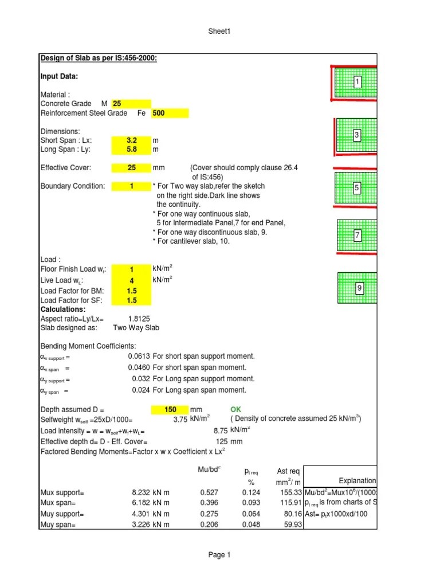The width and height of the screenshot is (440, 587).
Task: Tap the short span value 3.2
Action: coord(131,140)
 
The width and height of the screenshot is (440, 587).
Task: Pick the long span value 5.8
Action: coord(131,150)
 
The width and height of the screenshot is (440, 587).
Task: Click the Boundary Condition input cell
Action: coord(131,186)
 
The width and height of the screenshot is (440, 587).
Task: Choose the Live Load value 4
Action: coord(131,281)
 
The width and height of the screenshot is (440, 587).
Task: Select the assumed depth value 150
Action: coord(170,410)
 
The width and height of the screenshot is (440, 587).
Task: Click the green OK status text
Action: coord(236,410)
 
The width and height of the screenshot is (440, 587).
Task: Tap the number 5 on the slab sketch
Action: coord(356,187)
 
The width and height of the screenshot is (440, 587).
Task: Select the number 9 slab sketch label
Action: coord(359,288)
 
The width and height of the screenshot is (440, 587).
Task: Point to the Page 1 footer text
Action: coord(219,555)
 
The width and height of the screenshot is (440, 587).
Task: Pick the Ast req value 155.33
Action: coord(289,492)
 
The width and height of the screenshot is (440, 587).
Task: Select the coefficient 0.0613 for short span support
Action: coord(139,356)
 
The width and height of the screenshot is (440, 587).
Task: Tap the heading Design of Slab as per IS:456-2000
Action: coord(99,58)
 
